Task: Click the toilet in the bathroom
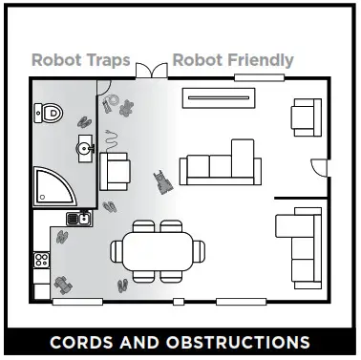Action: click(53, 113)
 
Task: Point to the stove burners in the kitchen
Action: click(42, 258)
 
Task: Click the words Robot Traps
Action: click(80, 60)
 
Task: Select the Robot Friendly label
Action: click(233, 60)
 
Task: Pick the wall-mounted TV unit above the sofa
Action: click(219, 94)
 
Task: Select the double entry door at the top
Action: click(149, 71)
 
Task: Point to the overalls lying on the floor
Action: click(164, 180)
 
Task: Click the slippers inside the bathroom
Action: click(83, 121)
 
